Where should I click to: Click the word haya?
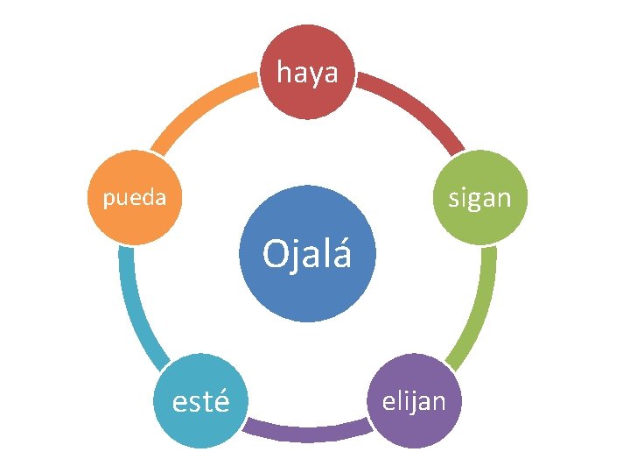point(307,74)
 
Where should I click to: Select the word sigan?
point(479,199)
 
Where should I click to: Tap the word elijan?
point(413,401)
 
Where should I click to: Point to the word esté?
point(201,402)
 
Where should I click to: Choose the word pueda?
point(134,198)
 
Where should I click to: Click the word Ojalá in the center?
point(307,255)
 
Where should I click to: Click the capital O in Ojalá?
point(274,255)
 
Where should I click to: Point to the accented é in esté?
point(222,402)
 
